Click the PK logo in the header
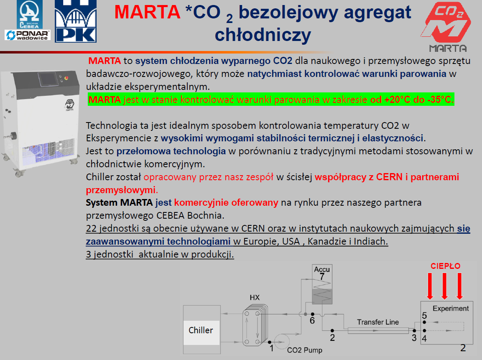click(x=76, y=21)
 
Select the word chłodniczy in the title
click(x=263, y=35)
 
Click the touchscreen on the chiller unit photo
click(x=48, y=79)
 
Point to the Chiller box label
click(x=201, y=330)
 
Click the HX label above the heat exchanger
click(x=255, y=297)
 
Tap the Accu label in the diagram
click(x=322, y=269)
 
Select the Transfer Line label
click(x=378, y=322)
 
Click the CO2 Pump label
click(x=305, y=350)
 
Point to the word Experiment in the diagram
click(x=451, y=308)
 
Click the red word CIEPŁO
click(x=445, y=266)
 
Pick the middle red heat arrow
click(x=444, y=286)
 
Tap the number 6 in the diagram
click(x=312, y=321)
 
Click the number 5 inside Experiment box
click(x=424, y=316)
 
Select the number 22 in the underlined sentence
click(x=91, y=228)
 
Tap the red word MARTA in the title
click(x=147, y=12)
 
